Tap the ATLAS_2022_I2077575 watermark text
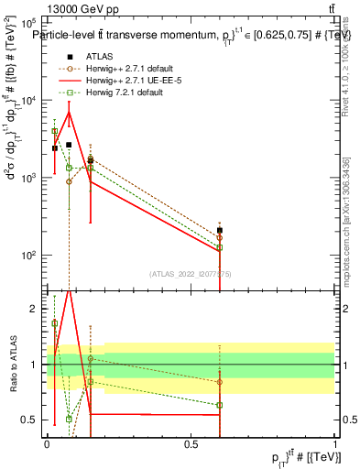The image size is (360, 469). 191,274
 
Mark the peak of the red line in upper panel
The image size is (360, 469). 69,112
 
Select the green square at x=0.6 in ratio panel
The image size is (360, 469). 220,405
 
